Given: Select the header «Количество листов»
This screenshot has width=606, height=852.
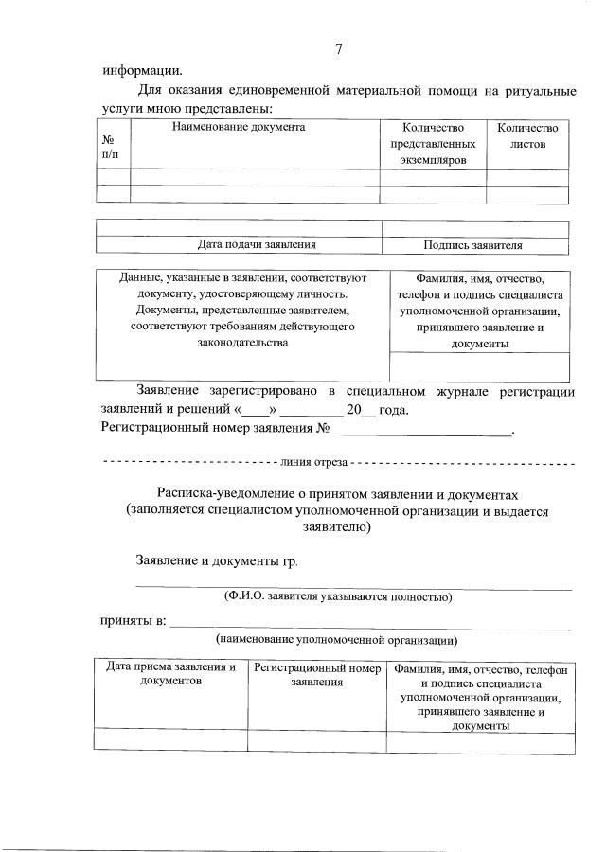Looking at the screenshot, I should [x=527, y=135].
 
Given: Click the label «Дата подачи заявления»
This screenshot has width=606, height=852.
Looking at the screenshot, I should [x=256, y=245].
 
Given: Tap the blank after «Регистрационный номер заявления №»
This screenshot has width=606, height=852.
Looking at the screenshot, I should [x=422, y=431].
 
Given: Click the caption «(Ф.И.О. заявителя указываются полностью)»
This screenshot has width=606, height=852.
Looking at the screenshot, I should [x=337, y=597].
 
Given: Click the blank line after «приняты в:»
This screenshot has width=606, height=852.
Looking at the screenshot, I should [x=369, y=623].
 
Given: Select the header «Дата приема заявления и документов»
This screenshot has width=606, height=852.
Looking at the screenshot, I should [x=170, y=674].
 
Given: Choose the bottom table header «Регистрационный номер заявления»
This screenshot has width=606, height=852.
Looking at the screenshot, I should [x=316, y=674].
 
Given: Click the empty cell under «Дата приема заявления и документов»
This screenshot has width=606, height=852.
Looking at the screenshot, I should [x=170, y=740].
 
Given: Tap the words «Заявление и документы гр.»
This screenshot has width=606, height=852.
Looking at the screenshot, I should [x=217, y=561].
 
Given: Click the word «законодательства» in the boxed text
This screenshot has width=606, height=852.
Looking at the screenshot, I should [x=242, y=343].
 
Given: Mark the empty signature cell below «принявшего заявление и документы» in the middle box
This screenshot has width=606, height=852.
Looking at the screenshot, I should [x=479, y=366].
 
